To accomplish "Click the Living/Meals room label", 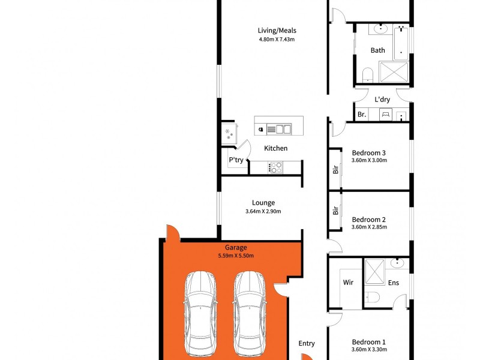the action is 277,31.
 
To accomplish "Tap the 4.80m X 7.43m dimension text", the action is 277,39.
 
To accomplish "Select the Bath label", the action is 378,50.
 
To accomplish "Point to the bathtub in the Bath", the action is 401,43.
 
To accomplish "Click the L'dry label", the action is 382,100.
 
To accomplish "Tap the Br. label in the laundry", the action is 362,115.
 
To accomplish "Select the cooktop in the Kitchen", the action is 276,167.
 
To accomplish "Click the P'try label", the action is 236,160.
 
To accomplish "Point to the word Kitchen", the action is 276,148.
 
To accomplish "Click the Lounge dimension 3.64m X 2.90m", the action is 263,211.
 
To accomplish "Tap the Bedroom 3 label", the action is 368,153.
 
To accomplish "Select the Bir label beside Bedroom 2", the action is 335,211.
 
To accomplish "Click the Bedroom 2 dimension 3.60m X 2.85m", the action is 369,227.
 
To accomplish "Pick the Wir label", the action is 348,282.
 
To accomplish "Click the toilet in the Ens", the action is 372,297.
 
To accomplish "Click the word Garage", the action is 236,247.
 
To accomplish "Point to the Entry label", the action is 307,344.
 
